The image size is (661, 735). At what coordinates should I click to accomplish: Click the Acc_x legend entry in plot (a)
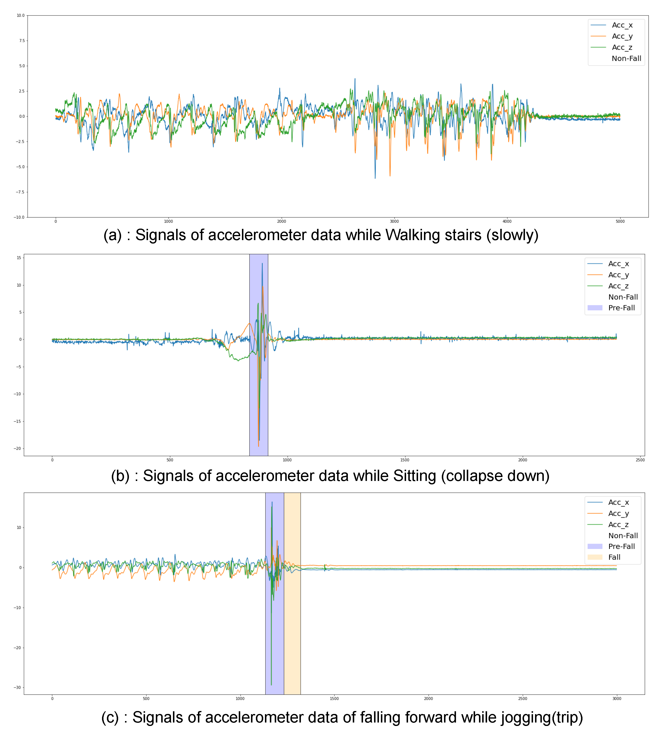click(622, 25)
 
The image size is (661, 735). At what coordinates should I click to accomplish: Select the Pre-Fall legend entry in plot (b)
click(621, 308)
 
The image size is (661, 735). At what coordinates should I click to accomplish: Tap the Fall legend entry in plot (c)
click(614, 557)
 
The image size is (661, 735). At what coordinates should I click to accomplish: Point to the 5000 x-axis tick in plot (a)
click(620, 221)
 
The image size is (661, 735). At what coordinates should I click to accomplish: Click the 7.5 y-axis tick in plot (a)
click(22, 41)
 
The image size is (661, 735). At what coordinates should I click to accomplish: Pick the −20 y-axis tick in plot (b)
click(17, 448)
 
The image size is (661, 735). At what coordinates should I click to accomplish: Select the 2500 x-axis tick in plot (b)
click(640, 460)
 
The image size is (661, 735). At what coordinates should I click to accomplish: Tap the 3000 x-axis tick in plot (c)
click(617, 698)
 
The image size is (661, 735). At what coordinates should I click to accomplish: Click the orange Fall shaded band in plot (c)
click(292, 618)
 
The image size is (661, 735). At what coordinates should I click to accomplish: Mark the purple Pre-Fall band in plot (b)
click(259, 400)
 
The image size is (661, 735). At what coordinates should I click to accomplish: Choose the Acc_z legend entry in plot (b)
click(618, 286)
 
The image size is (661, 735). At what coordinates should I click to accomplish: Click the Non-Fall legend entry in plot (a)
click(626, 58)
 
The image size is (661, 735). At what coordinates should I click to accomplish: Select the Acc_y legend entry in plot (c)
click(618, 513)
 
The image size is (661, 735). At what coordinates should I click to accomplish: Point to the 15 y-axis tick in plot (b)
click(19, 257)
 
